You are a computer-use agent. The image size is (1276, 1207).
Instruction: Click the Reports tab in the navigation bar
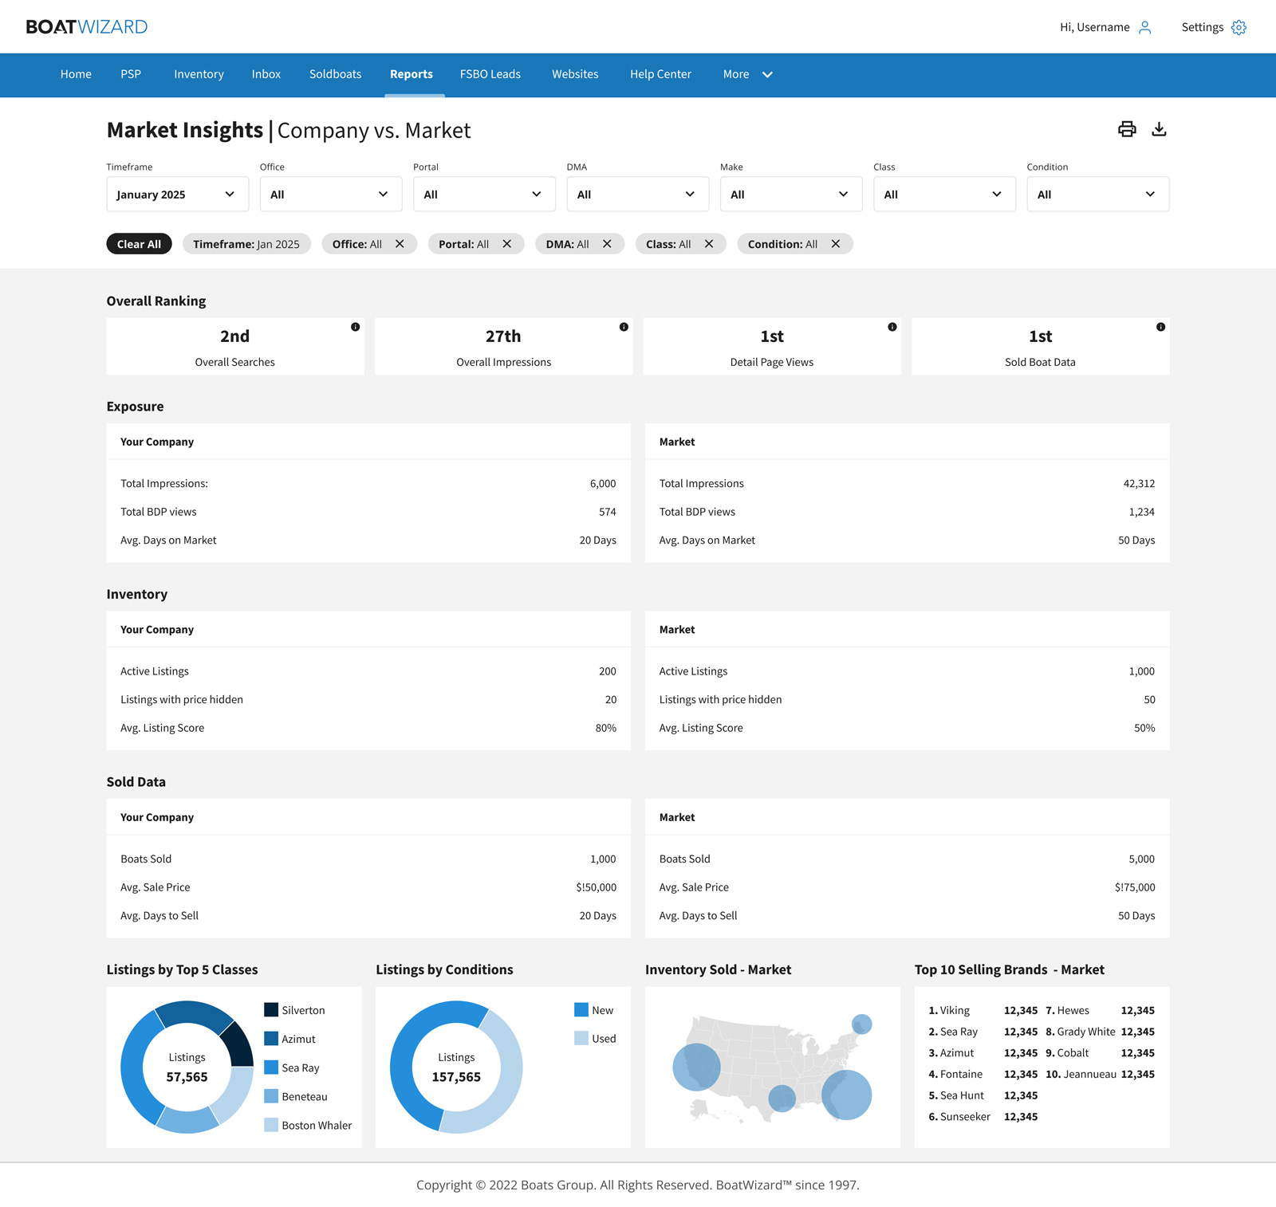pos(411,74)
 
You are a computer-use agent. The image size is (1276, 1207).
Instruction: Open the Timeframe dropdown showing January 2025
pos(177,195)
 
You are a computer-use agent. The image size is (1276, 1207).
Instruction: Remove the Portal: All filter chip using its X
pos(506,244)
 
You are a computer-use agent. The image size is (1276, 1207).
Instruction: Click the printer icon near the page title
pos(1127,129)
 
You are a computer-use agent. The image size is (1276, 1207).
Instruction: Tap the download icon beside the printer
pos(1159,129)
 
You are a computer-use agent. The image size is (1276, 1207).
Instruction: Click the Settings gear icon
pos(1239,28)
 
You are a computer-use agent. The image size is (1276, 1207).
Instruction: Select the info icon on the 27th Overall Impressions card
pos(624,327)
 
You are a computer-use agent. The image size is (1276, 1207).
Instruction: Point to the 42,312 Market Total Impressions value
pos(1139,484)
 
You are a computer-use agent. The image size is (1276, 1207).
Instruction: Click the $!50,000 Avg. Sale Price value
pos(596,887)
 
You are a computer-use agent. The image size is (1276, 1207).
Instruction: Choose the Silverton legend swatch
pos(271,1010)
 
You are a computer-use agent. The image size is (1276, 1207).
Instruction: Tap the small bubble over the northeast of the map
pos(861,1024)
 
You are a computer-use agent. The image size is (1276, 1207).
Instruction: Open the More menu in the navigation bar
pos(747,74)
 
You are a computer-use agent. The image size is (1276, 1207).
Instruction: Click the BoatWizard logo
pos(87,27)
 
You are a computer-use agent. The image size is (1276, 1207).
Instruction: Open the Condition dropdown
pos(1097,195)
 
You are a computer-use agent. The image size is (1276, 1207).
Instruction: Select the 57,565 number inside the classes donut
pos(187,1077)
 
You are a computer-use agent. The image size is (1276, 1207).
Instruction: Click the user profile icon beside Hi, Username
pos(1145,28)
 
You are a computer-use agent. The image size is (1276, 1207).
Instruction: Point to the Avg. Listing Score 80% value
pos(605,728)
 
